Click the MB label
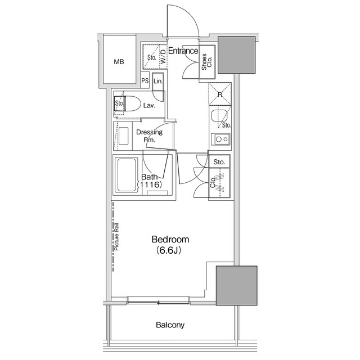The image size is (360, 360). click(x=119, y=62)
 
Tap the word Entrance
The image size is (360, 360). click(x=182, y=51)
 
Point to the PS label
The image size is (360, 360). click(x=145, y=80)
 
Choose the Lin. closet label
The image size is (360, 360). click(x=158, y=80)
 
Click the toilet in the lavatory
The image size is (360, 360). click(x=130, y=104)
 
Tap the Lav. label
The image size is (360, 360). click(x=149, y=105)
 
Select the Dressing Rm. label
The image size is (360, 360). click(x=149, y=136)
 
